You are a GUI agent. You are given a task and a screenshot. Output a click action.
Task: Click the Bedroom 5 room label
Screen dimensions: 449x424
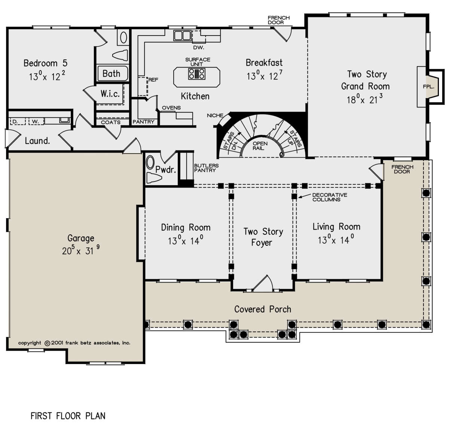45,63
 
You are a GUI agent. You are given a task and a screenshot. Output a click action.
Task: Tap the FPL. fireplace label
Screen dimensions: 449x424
428,86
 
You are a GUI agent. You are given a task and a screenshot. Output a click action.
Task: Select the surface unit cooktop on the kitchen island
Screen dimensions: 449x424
197,74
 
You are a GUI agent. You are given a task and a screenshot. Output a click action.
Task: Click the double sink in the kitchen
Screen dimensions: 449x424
183,36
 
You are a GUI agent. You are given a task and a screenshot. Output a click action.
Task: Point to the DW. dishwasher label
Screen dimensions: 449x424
199,48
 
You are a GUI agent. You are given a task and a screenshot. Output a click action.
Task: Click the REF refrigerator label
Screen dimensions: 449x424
153,80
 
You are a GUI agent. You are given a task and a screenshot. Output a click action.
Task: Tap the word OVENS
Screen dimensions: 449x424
171,108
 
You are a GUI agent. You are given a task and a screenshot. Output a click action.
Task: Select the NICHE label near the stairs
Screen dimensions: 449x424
215,115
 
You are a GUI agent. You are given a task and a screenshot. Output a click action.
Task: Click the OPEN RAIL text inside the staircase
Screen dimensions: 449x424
260,146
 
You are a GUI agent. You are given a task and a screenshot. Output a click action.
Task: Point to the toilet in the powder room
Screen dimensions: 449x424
154,178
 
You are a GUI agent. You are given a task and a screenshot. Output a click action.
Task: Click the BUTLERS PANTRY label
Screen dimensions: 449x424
206,168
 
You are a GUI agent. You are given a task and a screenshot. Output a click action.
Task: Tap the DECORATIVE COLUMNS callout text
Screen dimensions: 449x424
330,197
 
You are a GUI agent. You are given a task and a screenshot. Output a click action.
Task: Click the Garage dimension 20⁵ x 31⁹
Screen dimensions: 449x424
81,250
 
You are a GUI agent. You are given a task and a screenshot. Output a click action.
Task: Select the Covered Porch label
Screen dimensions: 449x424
263,309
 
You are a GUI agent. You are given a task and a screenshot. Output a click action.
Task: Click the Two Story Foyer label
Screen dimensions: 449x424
263,237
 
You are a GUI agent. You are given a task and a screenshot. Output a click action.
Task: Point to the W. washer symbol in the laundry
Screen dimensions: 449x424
36,121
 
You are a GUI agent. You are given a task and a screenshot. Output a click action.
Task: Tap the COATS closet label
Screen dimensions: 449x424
110,122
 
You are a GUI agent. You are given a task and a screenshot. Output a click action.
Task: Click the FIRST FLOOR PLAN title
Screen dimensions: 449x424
68,416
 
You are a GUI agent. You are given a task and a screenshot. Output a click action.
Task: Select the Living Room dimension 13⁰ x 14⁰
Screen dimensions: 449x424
336,240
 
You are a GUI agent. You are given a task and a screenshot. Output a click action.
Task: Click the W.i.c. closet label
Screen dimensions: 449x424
110,94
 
